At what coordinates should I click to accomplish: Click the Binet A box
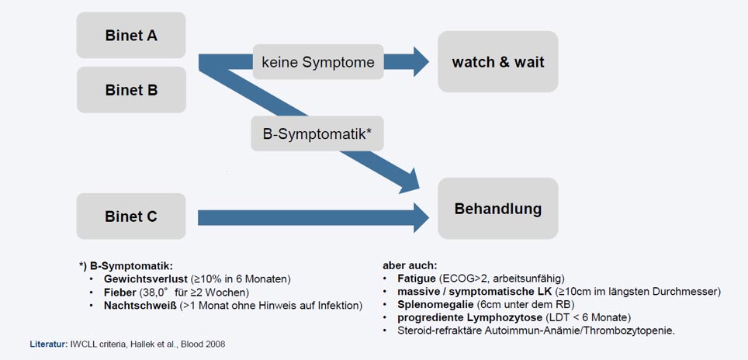[x=131, y=35]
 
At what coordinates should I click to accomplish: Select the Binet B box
[x=131, y=90]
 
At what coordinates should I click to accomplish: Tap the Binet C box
[x=131, y=216]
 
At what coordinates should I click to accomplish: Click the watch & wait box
[x=498, y=61]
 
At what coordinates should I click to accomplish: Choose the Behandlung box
[x=498, y=209]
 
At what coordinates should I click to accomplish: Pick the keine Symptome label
[x=318, y=61]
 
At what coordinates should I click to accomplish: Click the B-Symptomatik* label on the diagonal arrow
[x=317, y=133]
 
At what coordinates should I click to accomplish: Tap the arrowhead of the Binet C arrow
[x=421, y=217]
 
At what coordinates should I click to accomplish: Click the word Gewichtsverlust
[x=146, y=279]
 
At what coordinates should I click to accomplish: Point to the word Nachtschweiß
[x=140, y=305]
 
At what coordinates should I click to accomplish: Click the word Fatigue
[x=414, y=278]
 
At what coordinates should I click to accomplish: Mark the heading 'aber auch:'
[x=410, y=265]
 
